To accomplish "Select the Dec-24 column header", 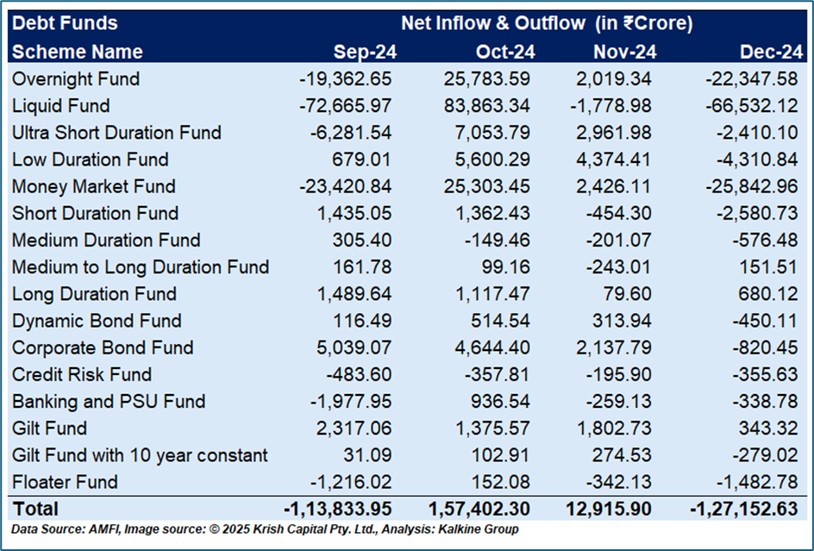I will [769, 52].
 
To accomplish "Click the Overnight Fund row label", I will [76, 79].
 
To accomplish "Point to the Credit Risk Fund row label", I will [82, 374].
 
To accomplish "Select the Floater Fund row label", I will [65, 482].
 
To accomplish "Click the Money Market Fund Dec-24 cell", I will [754, 186].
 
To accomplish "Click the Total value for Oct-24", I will [479, 509].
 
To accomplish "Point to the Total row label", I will [35, 509].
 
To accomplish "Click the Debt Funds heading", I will [65, 23].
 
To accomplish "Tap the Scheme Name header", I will [77, 52].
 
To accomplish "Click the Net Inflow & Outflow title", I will [547, 23].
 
